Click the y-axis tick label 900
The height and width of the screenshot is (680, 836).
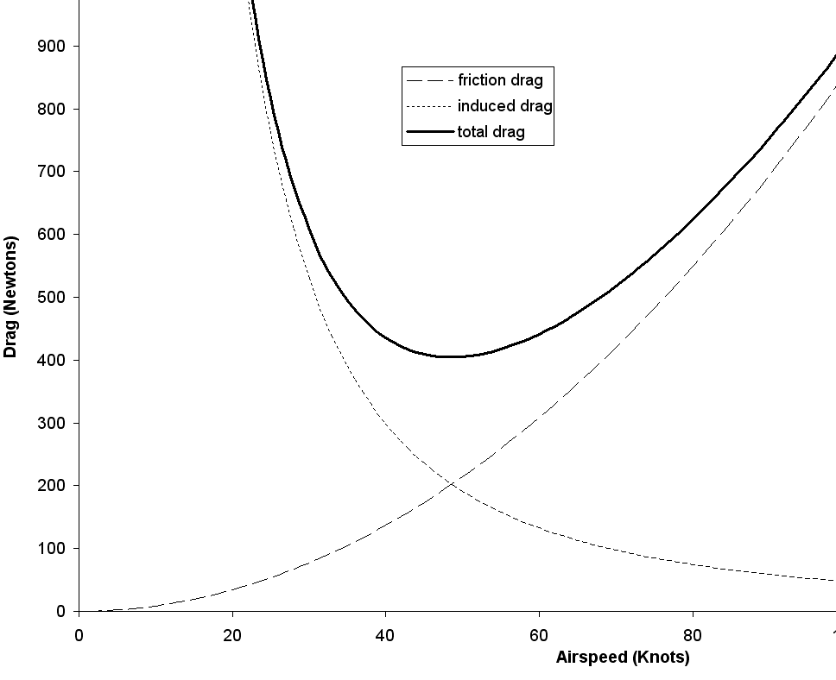click(x=52, y=46)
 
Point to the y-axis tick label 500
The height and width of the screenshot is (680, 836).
click(x=52, y=297)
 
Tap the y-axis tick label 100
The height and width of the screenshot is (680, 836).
click(x=52, y=549)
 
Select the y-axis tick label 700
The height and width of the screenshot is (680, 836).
click(x=52, y=172)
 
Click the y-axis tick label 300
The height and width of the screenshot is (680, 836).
click(x=52, y=423)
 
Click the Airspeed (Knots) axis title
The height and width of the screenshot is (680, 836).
click(x=623, y=658)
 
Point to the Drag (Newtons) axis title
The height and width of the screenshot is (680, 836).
click(x=11, y=296)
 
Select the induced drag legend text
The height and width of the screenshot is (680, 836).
click(x=504, y=106)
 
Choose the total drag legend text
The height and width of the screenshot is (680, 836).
click(x=491, y=132)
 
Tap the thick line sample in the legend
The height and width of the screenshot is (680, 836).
click(x=429, y=132)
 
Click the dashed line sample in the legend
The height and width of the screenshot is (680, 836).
click(x=429, y=81)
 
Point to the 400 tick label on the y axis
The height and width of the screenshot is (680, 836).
click(x=52, y=360)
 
